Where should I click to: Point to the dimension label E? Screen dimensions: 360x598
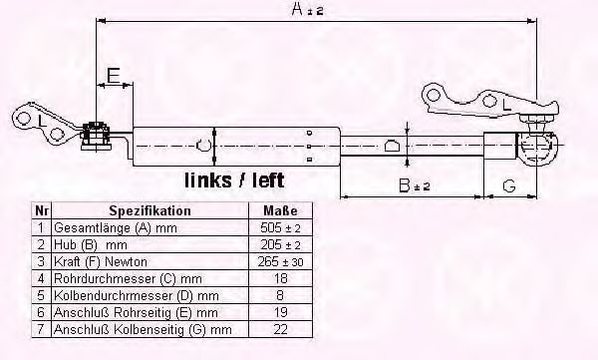pos(113,75)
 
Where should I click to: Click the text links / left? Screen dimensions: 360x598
pos(234,180)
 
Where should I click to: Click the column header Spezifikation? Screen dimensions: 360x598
pos(149,211)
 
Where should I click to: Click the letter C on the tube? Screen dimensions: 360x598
pos(203,146)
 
